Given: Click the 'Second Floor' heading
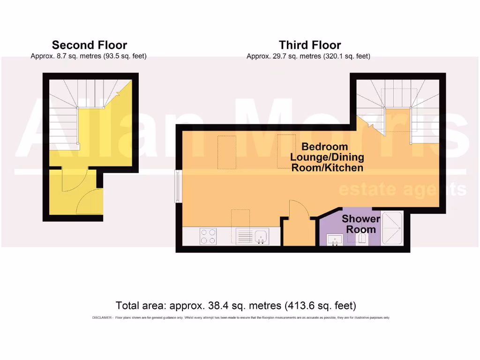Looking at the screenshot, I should click(x=89, y=45).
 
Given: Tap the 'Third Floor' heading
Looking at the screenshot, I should click(x=310, y=45).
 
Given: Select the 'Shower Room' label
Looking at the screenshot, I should click(x=361, y=224).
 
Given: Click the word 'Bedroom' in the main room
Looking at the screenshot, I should click(x=324, y=146).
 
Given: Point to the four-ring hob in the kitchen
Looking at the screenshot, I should click(x=209, y=236).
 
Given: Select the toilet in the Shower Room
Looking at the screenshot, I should click(x=361, y=239).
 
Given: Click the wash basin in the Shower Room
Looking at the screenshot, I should click(x=336, y=240).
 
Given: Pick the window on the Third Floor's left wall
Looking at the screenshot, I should click(x=178, y=187).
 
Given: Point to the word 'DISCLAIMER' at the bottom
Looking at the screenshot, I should click(x=101, y=318).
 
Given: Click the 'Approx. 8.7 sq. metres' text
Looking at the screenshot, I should click(x=64, y=56).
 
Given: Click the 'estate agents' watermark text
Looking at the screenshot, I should click(x=402, y=189).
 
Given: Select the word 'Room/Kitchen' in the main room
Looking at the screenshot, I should click(x=327, y=167).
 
